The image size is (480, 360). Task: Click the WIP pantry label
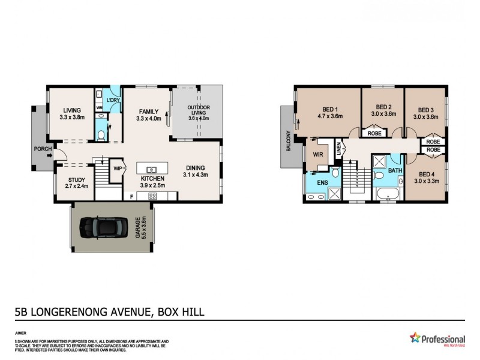pos(118,169)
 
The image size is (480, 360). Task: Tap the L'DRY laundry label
pos(113,100)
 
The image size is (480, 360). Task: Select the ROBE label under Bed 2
pos(373,133)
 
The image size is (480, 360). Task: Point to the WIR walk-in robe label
pos(318,154)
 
